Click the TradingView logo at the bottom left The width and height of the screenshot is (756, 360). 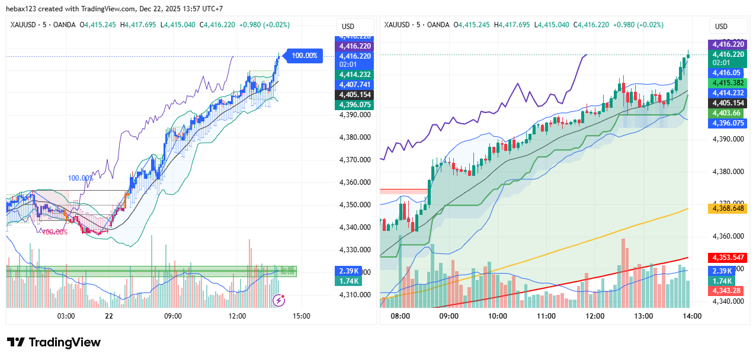click(54, 342)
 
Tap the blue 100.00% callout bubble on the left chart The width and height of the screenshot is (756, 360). click(305, 56)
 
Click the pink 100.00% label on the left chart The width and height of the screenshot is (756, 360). click(54, 232)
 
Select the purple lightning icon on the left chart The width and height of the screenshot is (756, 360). click(278, 300)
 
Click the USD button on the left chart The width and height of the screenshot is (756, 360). click(348, 27)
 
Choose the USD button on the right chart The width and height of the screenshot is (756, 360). click(721, 27)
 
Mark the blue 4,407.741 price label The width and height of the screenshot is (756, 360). click(354, 85)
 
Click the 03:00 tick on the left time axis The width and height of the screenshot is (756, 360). click(65, 316)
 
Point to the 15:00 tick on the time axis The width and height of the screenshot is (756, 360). click(301, 316)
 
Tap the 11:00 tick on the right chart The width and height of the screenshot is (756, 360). click(546, 316)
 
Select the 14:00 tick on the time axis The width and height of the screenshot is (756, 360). click(692, 316)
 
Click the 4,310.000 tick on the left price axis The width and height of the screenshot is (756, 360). click(355, 295)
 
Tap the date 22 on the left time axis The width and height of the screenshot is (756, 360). click(109, 316)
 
